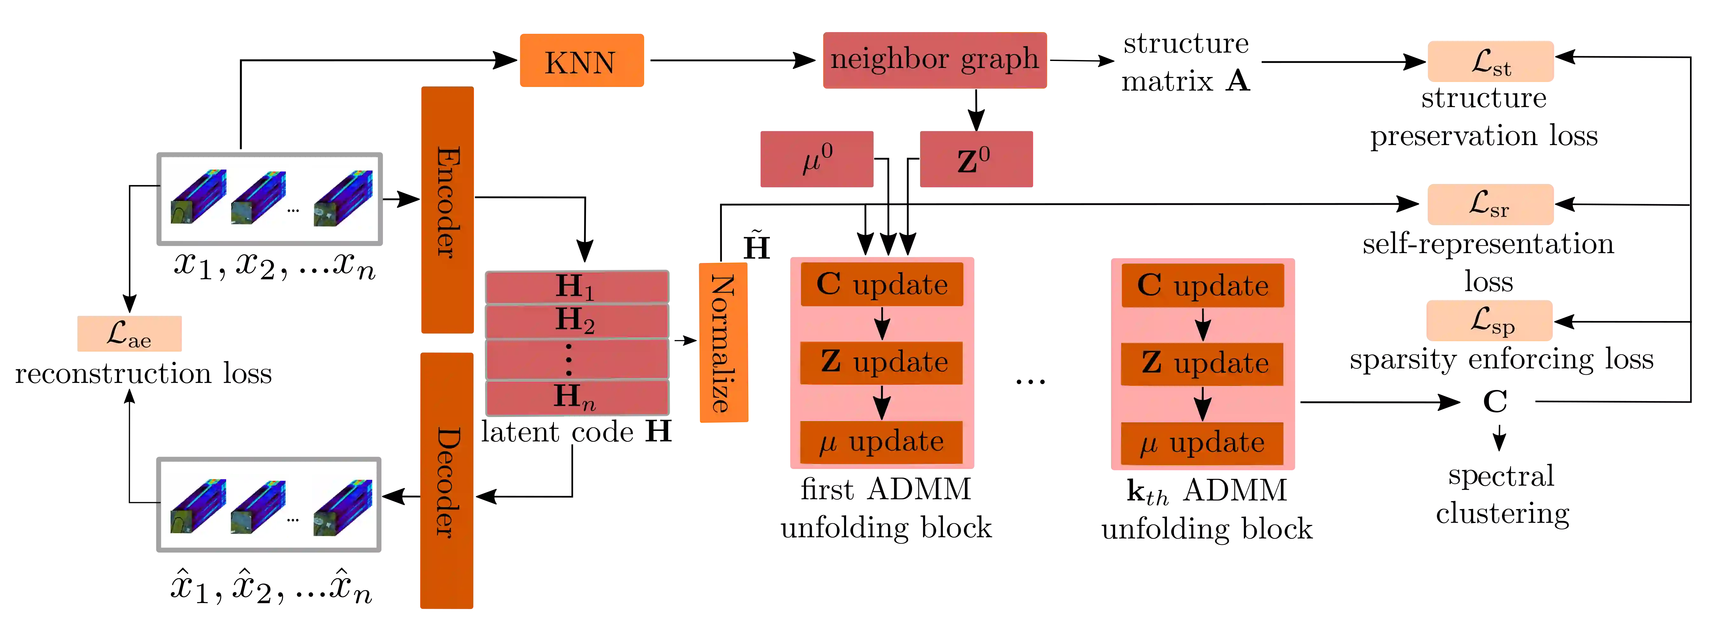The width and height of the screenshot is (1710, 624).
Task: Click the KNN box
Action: click(581, 61)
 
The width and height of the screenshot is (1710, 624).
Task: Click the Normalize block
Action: click(724, 343)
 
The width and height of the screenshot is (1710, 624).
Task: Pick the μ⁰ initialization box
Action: click(817, 159)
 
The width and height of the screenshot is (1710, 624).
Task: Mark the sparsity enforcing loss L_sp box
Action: click(1490, 321)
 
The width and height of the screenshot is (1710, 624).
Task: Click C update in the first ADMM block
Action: click(882, 284)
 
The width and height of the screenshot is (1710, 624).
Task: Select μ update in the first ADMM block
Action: click(882, 441)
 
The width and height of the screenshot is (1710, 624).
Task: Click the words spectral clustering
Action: click(1502, 494)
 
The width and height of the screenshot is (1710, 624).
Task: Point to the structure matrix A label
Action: click(1186, 62)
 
